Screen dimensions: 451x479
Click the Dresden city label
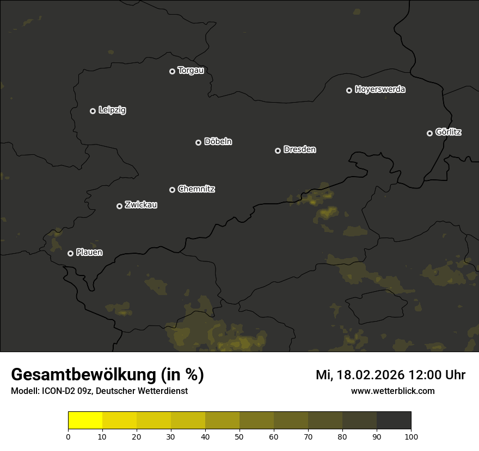click(x=299, y=149)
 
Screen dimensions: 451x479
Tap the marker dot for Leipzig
click(x=93, y=111)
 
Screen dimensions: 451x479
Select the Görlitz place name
click(x=449, y=132)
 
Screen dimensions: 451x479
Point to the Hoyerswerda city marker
click(x=349, y=90)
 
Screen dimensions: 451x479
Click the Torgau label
click(x=191, y=71)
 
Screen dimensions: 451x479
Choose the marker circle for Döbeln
click(x=198, y=142)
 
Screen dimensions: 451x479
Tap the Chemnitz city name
click(x=196, y=189)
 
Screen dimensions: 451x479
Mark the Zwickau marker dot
click(x=119, y=206)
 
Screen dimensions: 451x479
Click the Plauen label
click(x=89, y=253)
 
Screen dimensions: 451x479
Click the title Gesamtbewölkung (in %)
click(x=107, y=375)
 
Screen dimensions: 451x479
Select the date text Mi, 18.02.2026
click(x=359, y=375)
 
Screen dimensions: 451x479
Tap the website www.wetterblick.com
click(x=393, y=391)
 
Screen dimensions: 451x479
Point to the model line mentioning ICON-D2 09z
click(x=99, y=391)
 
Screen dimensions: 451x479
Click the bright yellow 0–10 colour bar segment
click(x=85, y=421)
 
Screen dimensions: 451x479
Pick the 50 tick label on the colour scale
click(x=239, y=436)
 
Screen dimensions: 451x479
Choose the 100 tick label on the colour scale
click(x=411, y=436)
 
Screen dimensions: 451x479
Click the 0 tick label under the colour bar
click(x=68, y=436)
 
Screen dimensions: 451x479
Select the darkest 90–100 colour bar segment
click(x=394, y=421)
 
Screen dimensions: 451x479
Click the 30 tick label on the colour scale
click(x=171, y=436)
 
